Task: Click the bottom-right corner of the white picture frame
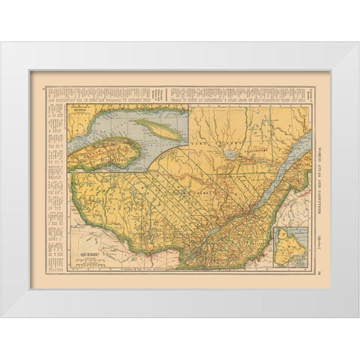click(358, 317)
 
